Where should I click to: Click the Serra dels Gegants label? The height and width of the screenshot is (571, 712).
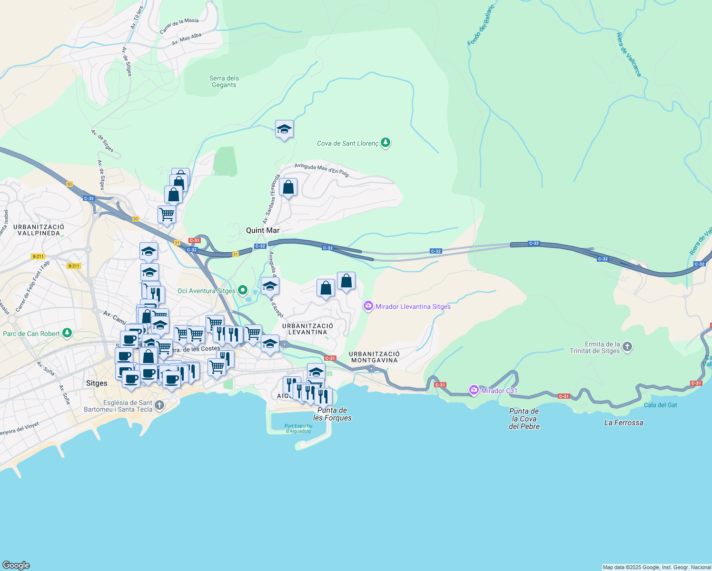(224, 81)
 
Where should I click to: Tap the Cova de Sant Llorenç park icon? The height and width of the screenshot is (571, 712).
(386, 143)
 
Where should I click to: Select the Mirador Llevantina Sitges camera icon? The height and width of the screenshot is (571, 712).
(368, 306)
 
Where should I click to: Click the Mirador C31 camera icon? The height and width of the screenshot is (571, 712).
(474, 391)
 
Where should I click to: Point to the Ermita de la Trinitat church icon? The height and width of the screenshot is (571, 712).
(627, 347)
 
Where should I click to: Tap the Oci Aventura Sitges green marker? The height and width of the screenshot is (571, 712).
(243, 290)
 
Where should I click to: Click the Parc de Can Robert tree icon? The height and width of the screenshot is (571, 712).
(67, 333)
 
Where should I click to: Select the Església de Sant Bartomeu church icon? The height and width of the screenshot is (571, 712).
(159, 405)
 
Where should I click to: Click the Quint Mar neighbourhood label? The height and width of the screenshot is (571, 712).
(263, 230)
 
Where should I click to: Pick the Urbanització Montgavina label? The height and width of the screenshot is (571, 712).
(374, 357)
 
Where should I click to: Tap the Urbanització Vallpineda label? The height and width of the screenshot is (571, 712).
(39, 230)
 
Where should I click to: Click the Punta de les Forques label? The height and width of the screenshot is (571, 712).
(332, 414)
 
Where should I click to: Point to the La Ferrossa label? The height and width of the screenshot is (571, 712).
(623, 423)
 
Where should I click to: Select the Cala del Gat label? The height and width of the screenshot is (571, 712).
(660, 405)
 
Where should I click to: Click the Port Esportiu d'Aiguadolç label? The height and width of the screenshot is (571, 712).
(298, 428)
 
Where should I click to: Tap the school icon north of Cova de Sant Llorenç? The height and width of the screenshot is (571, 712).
(284, 129)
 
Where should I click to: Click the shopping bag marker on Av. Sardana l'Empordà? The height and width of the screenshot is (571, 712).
(288, 187)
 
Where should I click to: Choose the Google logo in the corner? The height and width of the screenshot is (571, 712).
(16, 565)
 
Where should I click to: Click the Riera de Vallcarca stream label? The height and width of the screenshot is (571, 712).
(629, 54)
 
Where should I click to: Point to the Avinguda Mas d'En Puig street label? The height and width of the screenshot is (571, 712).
(322, 170)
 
